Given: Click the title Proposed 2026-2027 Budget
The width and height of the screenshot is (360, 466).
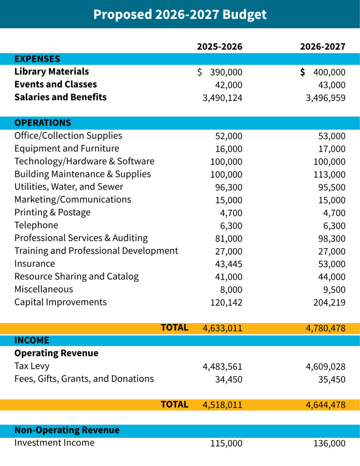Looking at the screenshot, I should (x=180, y=14).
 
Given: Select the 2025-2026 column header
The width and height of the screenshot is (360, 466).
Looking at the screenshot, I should (x=219, y=46).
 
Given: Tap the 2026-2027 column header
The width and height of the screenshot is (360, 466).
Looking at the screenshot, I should (x=323, y=46).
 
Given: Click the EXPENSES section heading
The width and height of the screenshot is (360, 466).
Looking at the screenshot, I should (x=37, y=59).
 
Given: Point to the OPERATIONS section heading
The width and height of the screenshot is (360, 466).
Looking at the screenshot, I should (x=43, y=123).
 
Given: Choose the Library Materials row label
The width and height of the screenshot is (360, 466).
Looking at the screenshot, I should (x=51, y=72).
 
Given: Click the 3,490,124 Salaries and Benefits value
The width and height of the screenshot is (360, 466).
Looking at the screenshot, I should (x=223, y=98).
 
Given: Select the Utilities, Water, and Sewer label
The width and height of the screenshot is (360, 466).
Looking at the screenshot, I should (x=69, y=187).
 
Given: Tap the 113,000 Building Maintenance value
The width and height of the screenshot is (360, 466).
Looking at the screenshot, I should (x=330, y=175).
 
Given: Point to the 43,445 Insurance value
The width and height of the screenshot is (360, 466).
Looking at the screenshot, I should (x=228, y=264).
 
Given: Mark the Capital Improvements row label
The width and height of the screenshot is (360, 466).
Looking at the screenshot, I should (x=61, y=302).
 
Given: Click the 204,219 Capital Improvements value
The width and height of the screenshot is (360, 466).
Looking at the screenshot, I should (x=330, y=303).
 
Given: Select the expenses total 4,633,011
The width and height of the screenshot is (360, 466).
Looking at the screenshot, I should (x=223, y=328).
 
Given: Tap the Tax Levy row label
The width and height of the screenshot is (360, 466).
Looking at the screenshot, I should (x=32, y=366).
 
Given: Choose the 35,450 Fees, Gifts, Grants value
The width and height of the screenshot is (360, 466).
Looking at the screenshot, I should (x=332, y=380).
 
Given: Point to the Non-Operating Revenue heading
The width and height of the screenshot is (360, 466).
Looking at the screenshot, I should (x=67, y=431).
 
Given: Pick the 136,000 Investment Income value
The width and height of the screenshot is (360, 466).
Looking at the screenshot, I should (x=330, y=444).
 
